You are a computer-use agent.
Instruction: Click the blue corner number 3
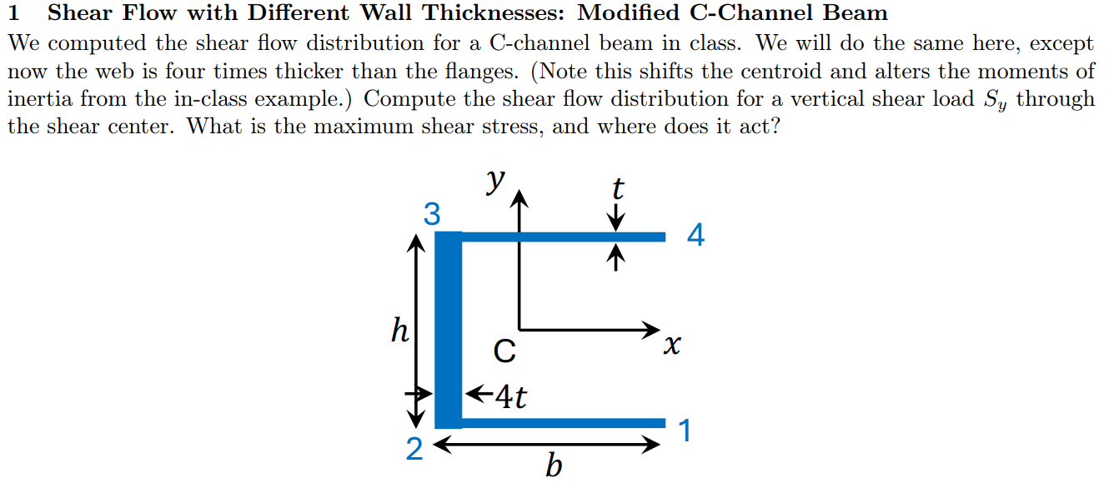pyautogui.click(x=431, y=215)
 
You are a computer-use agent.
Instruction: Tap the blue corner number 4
pyautogui.click(x=695, y=237)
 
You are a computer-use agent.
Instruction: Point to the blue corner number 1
pyautogui.click(x=685, y=431)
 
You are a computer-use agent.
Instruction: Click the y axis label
pyautogui.click(x=497, y=179)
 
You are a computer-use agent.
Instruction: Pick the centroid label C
pyautogui.click(x=504, y=351)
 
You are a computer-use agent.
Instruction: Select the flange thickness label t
pyautogui.click(x=617, y=189)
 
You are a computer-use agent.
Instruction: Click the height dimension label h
pyautogui.click(x=400, y=331)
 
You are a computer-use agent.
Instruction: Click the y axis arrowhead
pyautogui.click(x=519, y=198)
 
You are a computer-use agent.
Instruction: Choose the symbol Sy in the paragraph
pyautogui.click(x=991, y=100)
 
